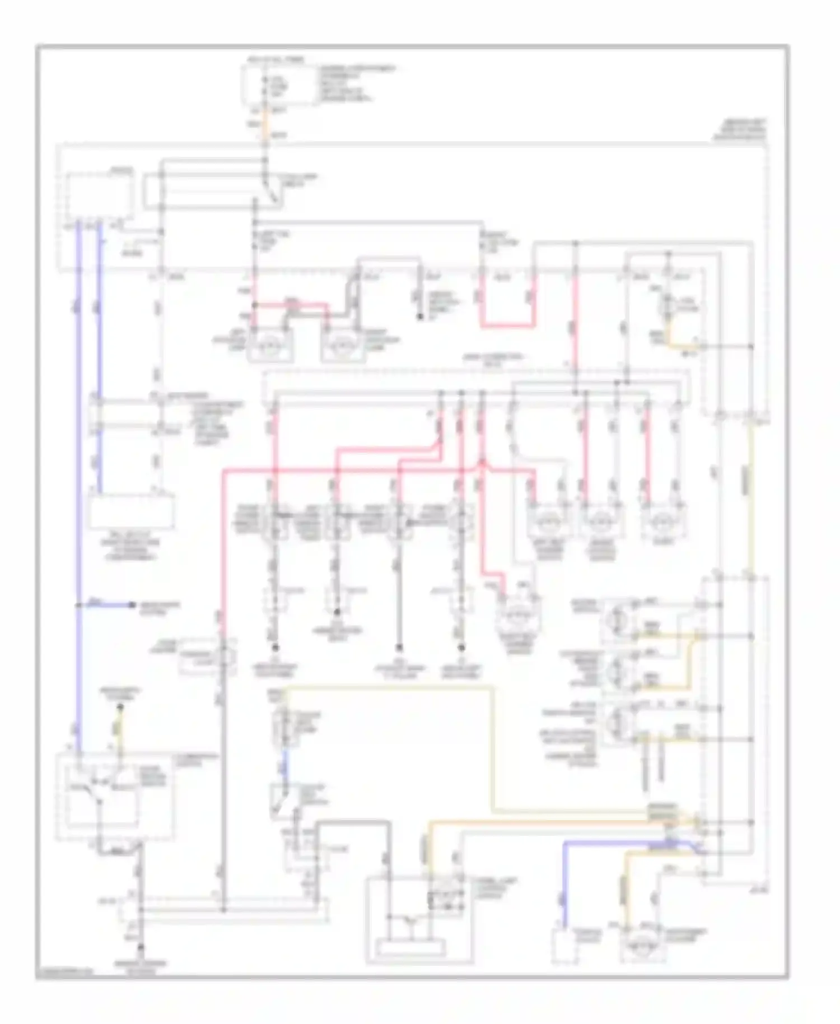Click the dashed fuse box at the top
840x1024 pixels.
coord(278,86)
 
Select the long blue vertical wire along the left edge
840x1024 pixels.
coord(78,448)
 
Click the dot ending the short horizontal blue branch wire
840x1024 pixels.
coord(133,604)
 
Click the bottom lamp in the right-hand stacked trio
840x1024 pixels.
coord(619,722)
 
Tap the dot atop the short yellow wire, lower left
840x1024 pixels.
coord(119,708)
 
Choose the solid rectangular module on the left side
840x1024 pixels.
coord(132,511)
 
